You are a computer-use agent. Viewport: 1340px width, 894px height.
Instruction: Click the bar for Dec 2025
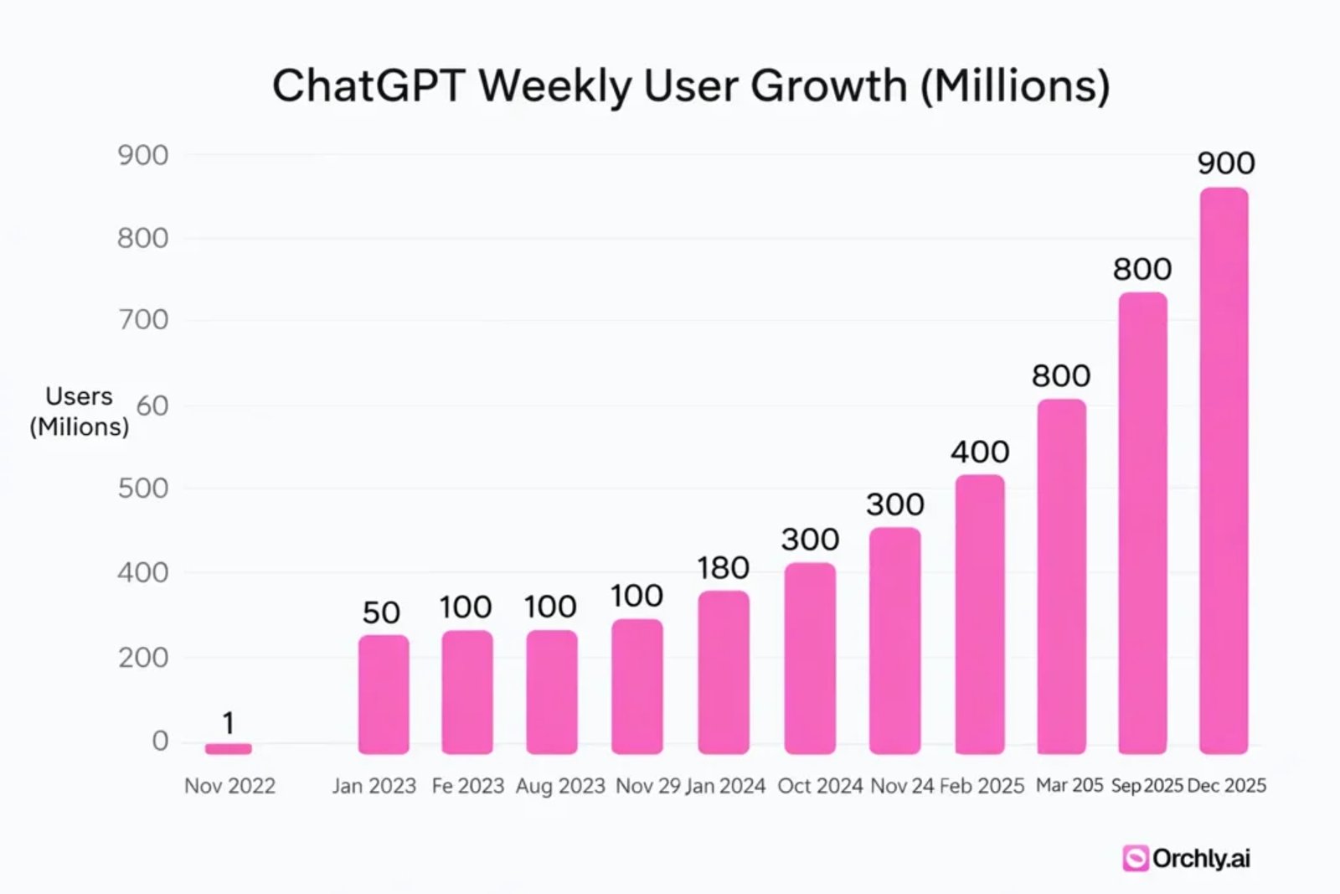(x=1224, y=469)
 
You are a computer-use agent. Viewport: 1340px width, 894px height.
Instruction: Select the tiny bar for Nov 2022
(x=229, y=748)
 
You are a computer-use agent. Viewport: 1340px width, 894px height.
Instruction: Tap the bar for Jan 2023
(x=384, y=694)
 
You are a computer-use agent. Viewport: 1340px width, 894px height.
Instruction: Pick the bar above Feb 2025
(x=980, y=613)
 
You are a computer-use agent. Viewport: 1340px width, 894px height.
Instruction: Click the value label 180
(x=723, y=568)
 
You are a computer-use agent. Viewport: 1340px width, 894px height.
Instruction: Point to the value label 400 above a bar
(x=980, y=452)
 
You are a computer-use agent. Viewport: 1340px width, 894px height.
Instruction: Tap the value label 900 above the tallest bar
(x=1225, y=163)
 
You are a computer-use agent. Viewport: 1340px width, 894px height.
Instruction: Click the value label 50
(x=381, y=612)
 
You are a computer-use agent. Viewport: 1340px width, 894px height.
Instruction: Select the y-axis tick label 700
(x=142, y=320)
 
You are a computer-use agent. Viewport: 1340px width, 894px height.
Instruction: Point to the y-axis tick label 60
(x=152, y=406)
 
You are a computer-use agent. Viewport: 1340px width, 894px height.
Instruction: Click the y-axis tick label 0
(x=160, y=741)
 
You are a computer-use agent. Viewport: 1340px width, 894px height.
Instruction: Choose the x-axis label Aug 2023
(x=560, y=786)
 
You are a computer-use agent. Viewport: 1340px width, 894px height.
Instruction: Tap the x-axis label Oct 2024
(x=820, y=786)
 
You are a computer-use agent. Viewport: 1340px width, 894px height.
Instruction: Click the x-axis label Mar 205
(x=1069, y=785)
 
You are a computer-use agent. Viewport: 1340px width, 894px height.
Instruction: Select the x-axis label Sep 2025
(x=1147, y=786)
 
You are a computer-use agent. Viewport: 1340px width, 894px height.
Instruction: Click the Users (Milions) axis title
(x=79, y=411)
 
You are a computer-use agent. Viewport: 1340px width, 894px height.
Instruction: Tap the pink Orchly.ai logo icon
(x=1135, y=858)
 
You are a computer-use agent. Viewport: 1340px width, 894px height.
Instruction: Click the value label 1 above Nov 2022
(x=228, y=722)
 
